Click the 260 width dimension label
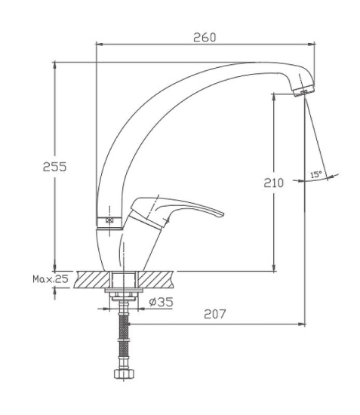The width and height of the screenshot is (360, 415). (205, 37)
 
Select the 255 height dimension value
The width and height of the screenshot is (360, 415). (55, 167)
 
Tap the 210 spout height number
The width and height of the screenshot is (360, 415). (273, 183)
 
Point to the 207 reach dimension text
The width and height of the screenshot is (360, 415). (215, 314)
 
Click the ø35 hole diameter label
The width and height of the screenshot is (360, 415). (161, 302)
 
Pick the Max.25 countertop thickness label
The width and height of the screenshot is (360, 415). (51, 279)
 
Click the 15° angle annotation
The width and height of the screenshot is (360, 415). (315, 174)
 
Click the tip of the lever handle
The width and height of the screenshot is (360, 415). (223, 214)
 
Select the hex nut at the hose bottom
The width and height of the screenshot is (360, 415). (124, 373)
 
